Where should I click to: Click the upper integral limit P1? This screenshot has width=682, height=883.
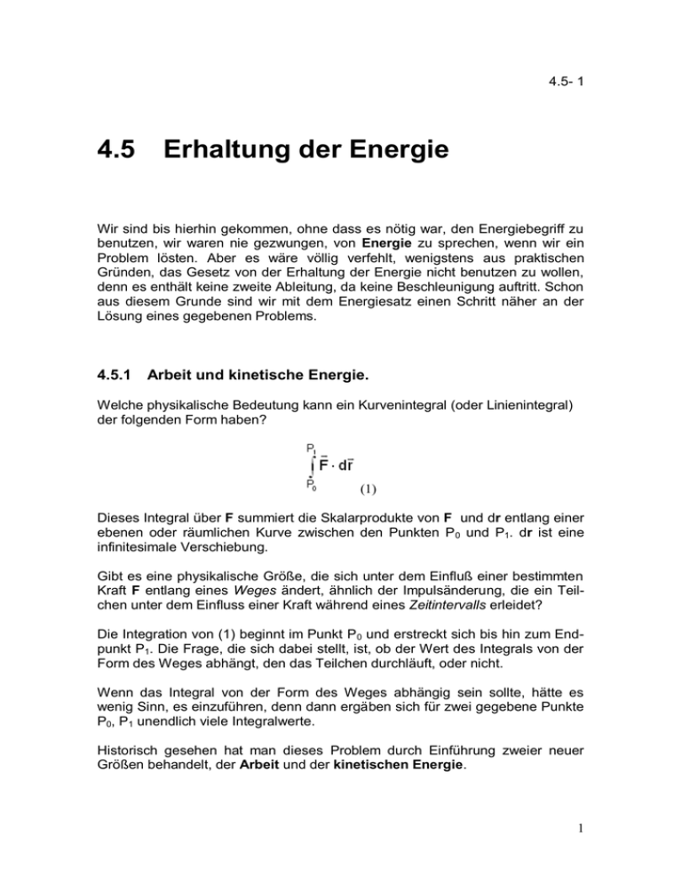click(312, 448)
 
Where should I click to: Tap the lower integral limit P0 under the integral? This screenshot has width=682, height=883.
click(311, 485)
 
